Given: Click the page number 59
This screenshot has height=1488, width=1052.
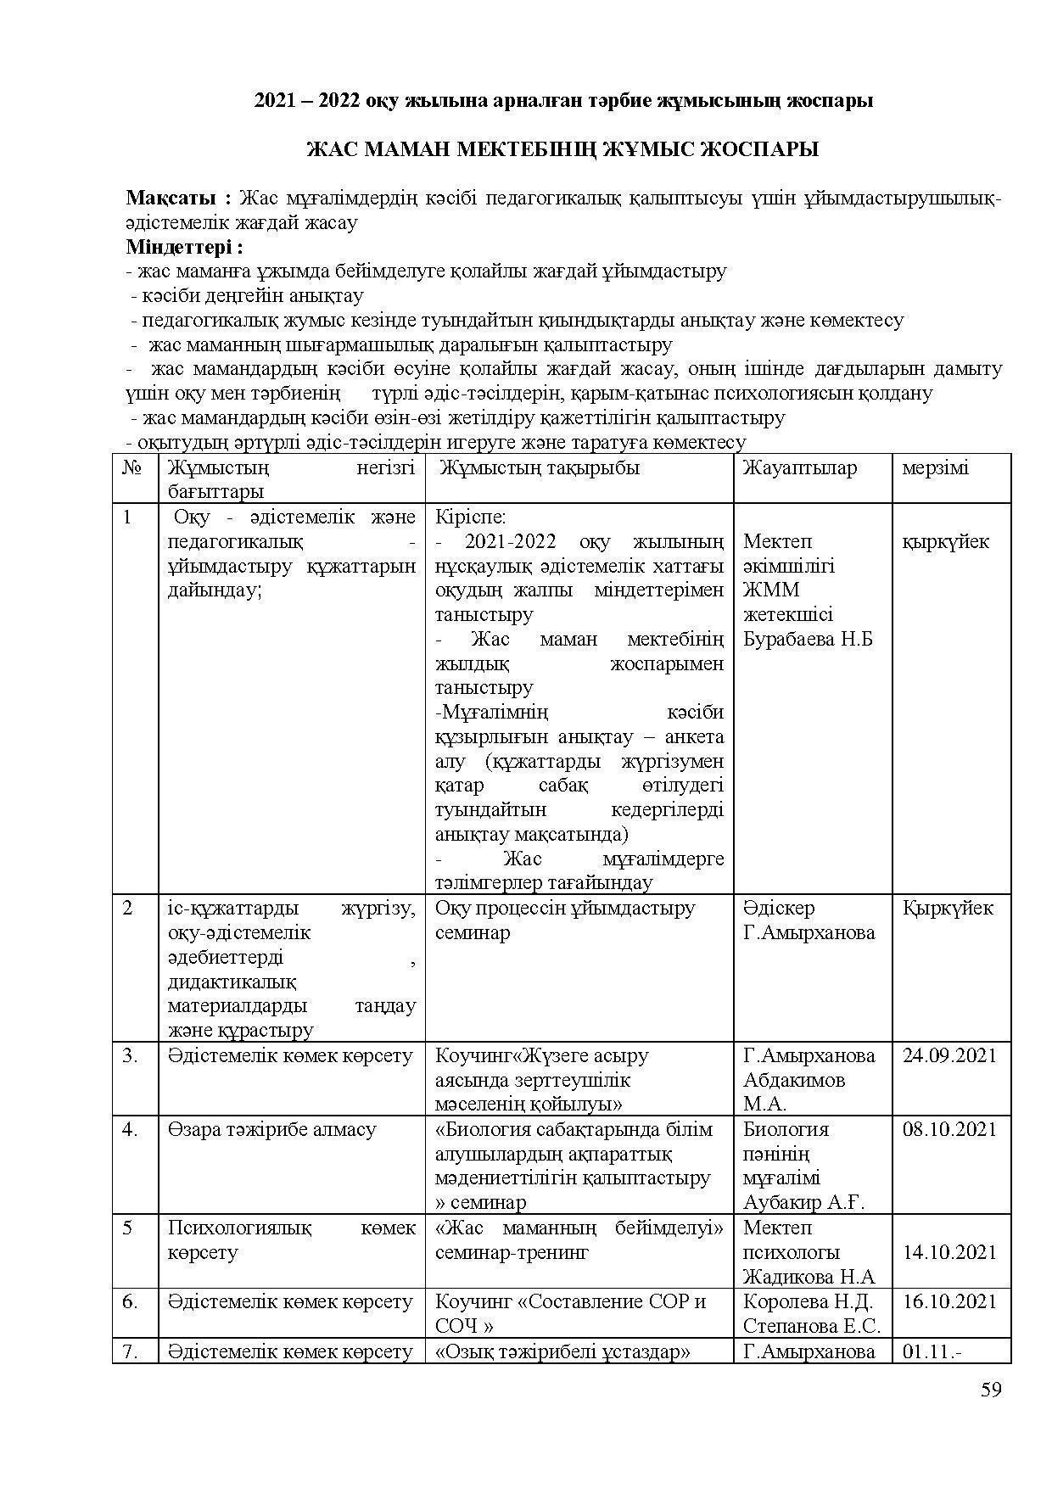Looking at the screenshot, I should [x=990, y=1390].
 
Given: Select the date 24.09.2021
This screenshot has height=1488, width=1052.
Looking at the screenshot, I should [x=949, y=1055].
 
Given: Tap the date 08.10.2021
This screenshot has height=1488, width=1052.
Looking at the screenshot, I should [x=949, y=1129].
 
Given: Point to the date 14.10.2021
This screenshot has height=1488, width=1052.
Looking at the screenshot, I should [x=949, y=1252].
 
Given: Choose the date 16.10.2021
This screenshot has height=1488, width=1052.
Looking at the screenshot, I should [x=949, y=1301].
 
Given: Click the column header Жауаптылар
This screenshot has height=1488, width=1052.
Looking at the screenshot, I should [x=799, y=467].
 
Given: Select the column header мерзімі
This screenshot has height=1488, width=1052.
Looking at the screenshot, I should [x=935, y=467].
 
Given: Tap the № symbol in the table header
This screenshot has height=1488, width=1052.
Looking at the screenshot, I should [x=131, y=467].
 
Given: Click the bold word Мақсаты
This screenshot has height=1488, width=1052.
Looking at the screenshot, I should [x=175, y=199].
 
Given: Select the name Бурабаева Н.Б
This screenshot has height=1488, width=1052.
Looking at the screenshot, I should [x=808, y=639].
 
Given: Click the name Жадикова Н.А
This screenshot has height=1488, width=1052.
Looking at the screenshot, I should [x=809, y=1277].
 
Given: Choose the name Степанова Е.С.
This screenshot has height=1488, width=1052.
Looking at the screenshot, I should [x=811, y=1326].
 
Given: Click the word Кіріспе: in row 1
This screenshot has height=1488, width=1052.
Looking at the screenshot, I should [x=470, y=517].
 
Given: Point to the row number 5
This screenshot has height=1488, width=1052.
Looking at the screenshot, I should [x=127, y=1228].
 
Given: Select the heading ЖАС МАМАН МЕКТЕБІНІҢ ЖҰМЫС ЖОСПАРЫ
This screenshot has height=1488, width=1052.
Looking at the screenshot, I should [x=562, y=150].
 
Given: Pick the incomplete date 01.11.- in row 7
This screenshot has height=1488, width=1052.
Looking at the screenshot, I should [x=932, y=1351].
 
